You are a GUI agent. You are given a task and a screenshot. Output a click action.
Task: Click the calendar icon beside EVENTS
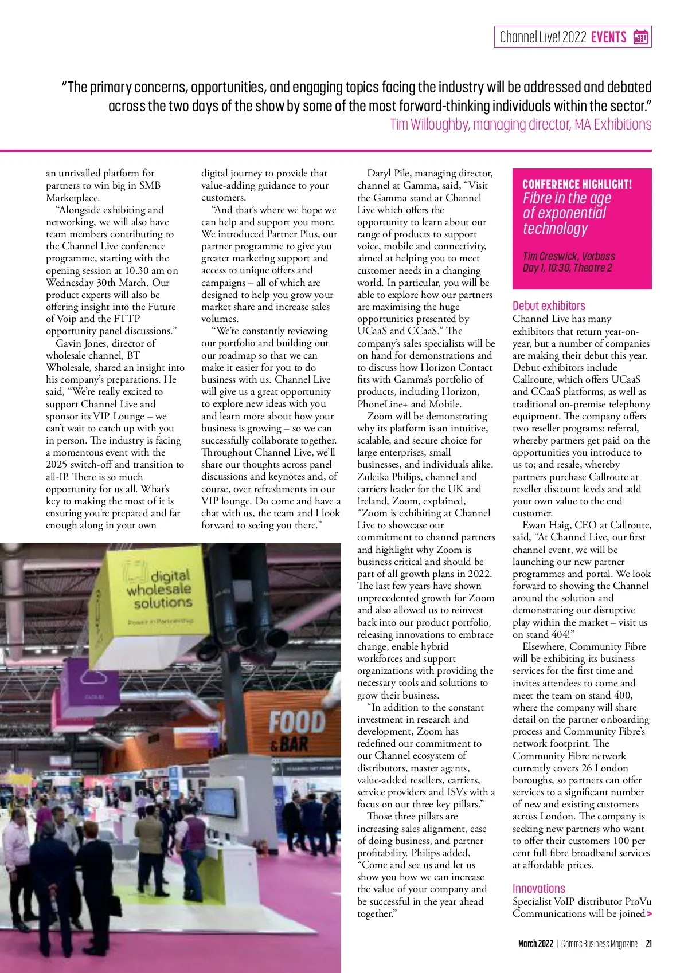point(640,37)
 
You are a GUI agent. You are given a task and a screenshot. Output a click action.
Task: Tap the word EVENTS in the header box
point(608,37)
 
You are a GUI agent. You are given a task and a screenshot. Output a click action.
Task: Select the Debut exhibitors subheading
point(549,306)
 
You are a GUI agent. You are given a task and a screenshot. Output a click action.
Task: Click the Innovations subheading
point(538,888)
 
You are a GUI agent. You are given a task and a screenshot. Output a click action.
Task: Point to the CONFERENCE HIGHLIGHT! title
point(577,184)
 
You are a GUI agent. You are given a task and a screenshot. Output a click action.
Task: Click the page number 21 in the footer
point(648,944)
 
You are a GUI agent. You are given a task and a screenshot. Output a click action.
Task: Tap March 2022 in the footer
point(535,944)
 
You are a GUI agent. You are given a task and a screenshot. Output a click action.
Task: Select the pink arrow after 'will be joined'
point(649,914)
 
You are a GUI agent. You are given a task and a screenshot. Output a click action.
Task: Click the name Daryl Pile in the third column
point(388,173)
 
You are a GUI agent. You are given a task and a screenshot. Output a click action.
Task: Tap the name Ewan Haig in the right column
point(543,525)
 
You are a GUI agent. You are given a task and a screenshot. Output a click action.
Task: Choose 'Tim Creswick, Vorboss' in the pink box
point(568,256)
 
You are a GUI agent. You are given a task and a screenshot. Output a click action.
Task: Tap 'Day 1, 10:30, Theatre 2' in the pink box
point(567,268)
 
